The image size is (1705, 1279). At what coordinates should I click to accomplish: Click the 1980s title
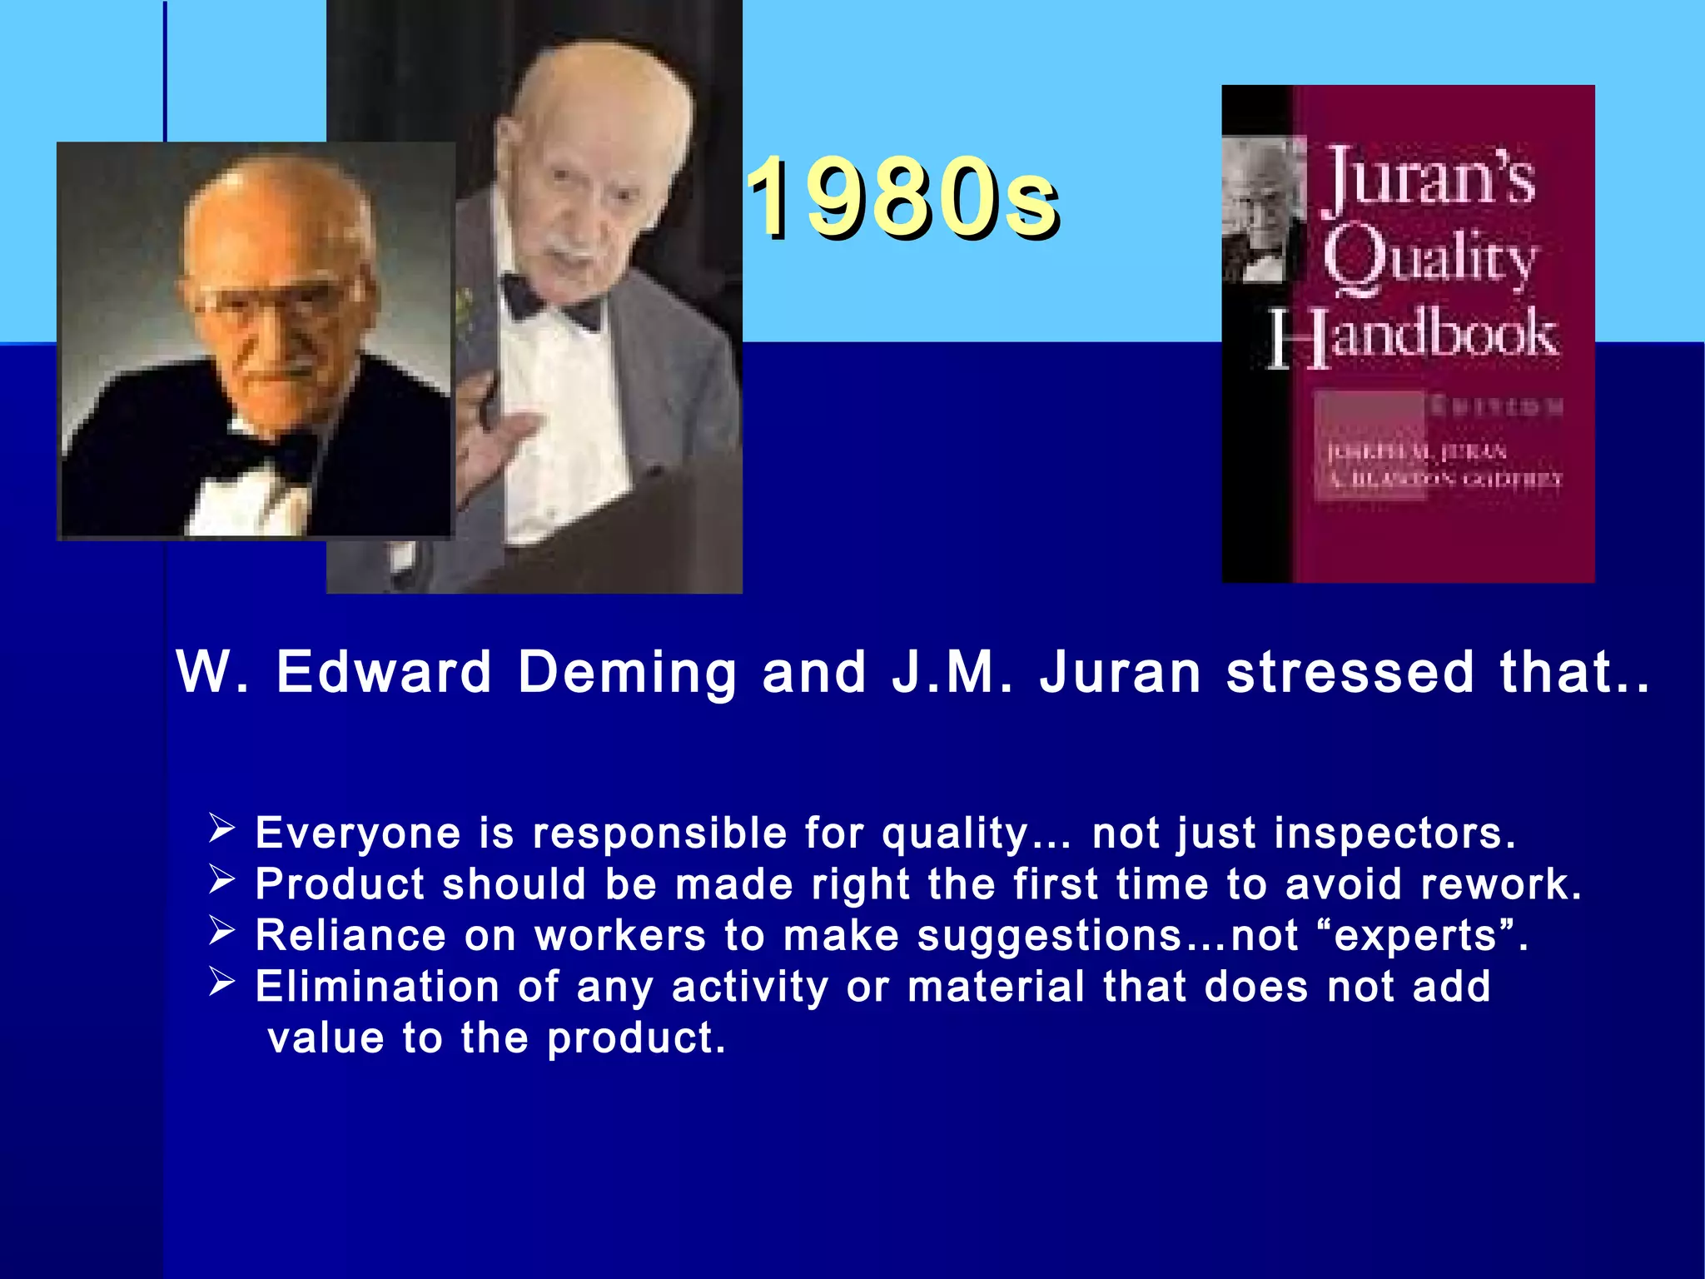pos(902,198)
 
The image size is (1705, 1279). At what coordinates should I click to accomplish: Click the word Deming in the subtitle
pos(627,673)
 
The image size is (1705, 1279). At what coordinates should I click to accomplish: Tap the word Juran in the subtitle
pos(1120,673)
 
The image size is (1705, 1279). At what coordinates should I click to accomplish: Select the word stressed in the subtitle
pos(1350,673)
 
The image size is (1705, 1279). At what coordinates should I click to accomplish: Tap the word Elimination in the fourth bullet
pos(376,987)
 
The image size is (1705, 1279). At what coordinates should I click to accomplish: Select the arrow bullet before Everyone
pos(221,829)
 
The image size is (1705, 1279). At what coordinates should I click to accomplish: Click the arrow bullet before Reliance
pos(221,930)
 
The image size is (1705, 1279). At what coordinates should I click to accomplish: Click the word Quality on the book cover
pos(1429,258)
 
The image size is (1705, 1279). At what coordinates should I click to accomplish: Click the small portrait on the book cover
pos(1262,212)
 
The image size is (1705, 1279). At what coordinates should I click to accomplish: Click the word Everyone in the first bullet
pos(357,834)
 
